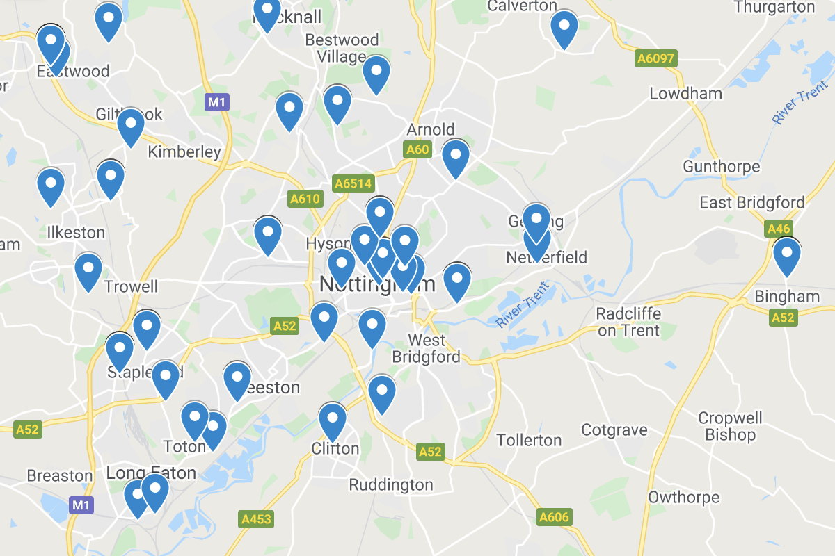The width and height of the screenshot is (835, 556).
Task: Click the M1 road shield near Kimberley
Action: pos(217,103)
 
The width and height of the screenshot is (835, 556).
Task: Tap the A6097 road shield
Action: pos(655,58)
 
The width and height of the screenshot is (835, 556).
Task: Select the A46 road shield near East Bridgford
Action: pos(778,229)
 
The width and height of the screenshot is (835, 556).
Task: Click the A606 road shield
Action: pos(554,517)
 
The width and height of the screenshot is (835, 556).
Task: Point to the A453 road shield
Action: pos(256,518)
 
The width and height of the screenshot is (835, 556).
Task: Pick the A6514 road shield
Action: pos(353,183)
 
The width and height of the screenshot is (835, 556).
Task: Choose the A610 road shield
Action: pos(305,199)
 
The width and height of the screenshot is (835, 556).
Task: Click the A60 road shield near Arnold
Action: pos(417,149)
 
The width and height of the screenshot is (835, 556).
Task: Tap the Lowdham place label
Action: pos(685,93)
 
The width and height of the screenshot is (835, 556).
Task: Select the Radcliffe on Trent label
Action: pos(628,322)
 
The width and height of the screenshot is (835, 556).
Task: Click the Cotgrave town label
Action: pos(614,430)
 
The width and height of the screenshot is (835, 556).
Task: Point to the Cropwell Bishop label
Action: pos(730,427)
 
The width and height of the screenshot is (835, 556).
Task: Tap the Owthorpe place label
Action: pos(683,498)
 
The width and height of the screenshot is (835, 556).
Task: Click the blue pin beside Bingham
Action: pos(786,257)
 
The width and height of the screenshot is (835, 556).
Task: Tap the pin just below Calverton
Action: pos(564,29)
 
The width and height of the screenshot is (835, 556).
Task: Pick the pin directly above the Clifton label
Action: pos(332,421)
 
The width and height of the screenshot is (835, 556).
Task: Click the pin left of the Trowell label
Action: pos(88,272)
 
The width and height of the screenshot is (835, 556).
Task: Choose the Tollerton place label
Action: pos(529,440)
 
